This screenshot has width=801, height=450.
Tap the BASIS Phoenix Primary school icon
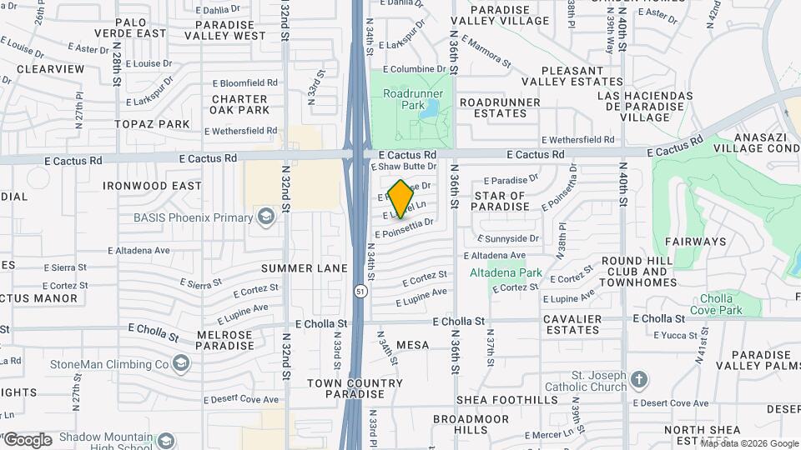coord(266,218)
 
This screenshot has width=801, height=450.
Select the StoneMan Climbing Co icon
coord(180,363)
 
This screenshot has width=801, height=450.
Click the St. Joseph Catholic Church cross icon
coord(639,380)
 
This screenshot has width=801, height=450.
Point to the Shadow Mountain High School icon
coord(166,439)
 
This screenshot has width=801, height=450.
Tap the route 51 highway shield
coord(359,292)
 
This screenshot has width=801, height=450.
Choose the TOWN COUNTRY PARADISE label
coord(354,388)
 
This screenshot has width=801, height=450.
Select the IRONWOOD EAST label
coord(152,186)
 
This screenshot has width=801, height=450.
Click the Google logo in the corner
coord(28,439)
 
